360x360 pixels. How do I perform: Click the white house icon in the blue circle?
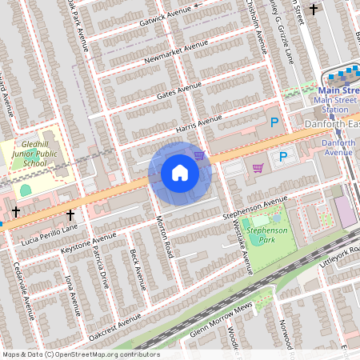180,173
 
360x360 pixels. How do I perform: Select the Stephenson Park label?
267,234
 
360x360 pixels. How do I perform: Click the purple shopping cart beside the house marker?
199,155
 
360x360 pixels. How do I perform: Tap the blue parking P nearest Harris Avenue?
274,122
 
